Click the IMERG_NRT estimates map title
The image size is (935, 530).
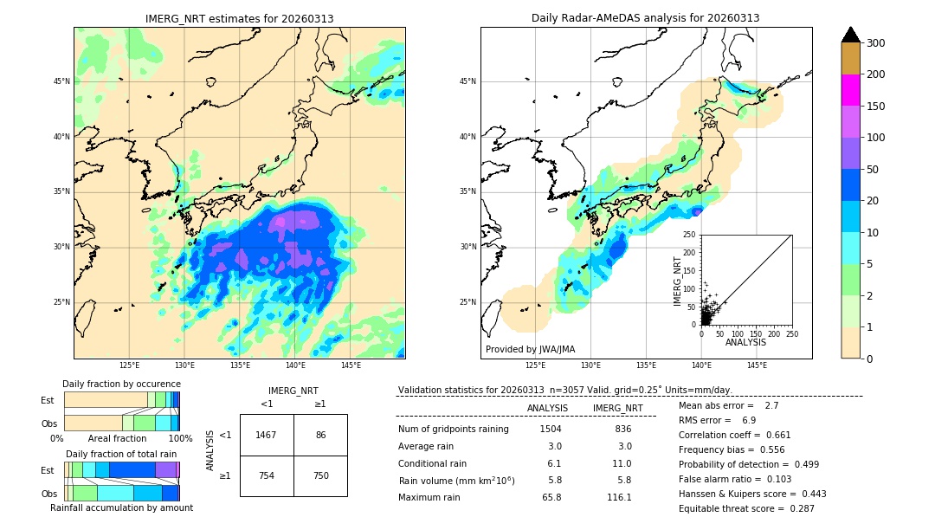[239, 18]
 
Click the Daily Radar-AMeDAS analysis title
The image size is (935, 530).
[645, 18]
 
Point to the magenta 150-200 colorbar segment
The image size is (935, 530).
[850, 90]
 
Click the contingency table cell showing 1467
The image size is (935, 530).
[267, 435]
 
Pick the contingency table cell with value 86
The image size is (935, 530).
[320, 435]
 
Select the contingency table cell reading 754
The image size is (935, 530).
[267, 475]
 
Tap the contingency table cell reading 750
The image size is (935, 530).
[320, 475]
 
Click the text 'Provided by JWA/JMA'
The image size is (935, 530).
[530, 349]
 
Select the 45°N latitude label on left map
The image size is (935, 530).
[61, 81]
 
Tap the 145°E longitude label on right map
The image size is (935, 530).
[757, 365]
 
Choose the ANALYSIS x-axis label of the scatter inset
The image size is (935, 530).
[745, 342]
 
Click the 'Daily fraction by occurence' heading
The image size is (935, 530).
[121, 384]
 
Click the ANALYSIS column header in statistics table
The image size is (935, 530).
[547, 408]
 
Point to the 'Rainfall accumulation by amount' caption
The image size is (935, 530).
[121, 507]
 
